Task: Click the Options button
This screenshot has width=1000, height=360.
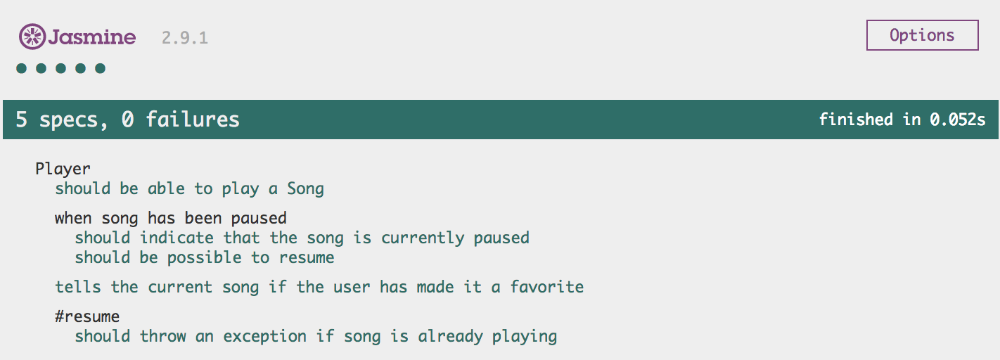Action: (x=923, y=35)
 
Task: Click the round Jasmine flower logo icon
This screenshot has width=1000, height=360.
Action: (x=32, y=36)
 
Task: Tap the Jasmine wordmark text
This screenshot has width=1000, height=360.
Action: (x=92, y=37)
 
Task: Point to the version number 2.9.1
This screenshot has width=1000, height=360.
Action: (x=185, y=38)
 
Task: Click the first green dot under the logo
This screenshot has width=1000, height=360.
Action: (x=21, y=68)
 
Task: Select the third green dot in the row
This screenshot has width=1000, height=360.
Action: (x=60, y=68)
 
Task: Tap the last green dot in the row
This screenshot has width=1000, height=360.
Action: (x=100, y=68)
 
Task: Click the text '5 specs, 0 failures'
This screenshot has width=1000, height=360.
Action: (x=128, y=120)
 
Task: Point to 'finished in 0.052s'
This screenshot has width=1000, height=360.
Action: (x=902, y=120)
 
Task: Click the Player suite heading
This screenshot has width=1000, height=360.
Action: (x=63, y=169)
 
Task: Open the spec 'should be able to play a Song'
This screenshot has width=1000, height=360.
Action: (x=189, y=188)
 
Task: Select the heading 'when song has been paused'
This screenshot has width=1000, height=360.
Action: (x=171, y=218)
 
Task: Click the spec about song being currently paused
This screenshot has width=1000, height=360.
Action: (x=302, y=238)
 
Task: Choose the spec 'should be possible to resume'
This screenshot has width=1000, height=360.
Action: (x=205, y=257)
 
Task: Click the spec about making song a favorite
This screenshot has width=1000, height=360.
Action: (x=319, y=287)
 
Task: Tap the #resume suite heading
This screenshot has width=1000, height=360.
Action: (x=87, y=316)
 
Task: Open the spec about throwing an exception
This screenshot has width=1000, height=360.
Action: (x=316, y=336)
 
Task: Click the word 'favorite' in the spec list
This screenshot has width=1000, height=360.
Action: (x=547, y=287)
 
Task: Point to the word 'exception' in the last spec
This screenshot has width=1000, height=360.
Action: (x=264, y=336)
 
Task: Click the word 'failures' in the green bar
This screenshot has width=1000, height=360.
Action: (x=193, y=120)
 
